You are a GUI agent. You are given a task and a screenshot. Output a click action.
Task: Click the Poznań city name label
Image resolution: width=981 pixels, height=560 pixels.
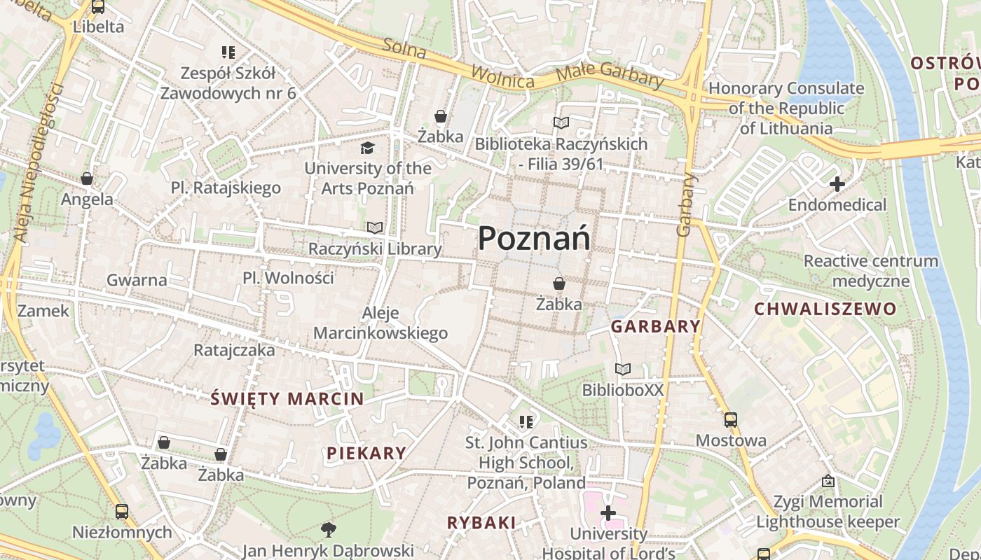click(533, 239)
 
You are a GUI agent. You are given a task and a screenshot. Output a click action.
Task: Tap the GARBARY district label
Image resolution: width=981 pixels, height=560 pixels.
click(656, 326)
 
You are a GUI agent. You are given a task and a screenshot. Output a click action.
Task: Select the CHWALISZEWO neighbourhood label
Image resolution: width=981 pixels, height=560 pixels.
click(825, 309)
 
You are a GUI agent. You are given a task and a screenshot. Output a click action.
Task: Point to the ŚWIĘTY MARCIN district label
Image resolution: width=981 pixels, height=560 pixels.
click(287, 399)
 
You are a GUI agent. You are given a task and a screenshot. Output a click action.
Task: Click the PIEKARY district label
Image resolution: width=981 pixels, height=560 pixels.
click(366, 453)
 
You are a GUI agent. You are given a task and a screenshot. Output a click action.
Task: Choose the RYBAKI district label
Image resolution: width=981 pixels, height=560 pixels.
click(481, 522)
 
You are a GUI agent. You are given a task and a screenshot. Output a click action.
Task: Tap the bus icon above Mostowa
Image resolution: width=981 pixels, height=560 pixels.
click(731, 420)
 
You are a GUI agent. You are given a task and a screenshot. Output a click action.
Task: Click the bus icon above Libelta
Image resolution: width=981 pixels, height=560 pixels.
click(98, 7)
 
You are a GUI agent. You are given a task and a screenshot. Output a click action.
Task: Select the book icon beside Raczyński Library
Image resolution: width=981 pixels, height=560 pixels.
click(375, 227)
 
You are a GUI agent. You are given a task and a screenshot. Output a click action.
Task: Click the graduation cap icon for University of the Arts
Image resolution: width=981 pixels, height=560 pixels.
click(367, 148)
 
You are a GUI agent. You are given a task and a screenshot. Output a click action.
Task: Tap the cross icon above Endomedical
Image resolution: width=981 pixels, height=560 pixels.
click(837, 184)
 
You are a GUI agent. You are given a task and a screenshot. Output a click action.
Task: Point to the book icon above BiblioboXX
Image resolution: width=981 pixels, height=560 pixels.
click(623, 369)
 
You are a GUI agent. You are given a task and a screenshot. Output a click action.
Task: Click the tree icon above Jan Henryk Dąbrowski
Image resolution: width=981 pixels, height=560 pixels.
click(327, 529)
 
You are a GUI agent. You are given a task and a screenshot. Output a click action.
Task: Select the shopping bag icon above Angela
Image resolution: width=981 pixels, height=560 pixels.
click(87, 178)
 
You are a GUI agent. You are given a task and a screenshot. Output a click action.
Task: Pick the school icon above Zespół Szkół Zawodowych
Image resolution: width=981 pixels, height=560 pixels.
click(228, 52)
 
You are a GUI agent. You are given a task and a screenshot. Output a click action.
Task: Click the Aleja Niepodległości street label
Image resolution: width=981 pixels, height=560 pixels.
click(39, 162)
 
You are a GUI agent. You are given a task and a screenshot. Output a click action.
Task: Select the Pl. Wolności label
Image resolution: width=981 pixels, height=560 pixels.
click(288, 278)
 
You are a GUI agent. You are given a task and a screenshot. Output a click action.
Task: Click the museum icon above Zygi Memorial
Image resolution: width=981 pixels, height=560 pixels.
click(828, 481)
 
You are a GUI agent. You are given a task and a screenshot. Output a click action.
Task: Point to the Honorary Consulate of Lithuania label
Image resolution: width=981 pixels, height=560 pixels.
click(786, 108)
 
